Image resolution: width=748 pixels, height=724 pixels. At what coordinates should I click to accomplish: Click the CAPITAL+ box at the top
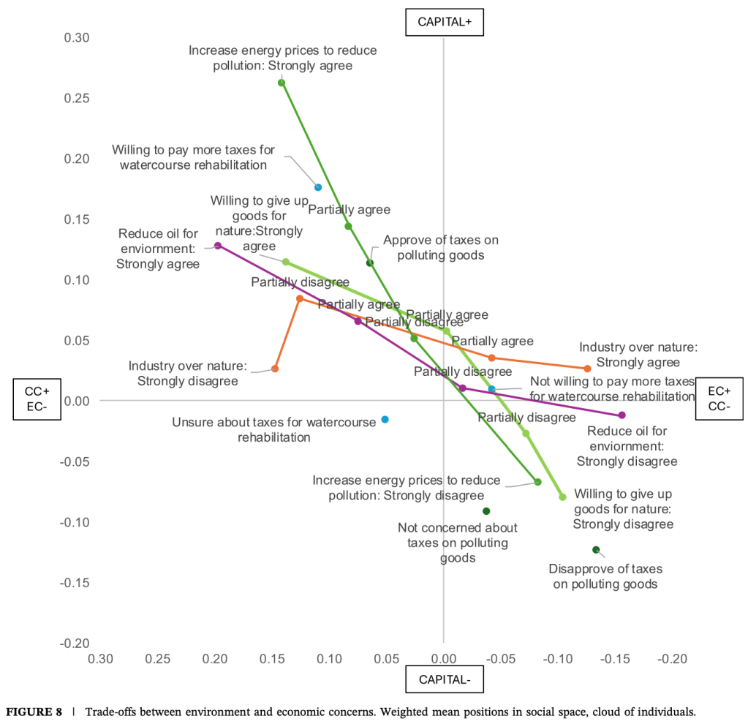coord(445,22)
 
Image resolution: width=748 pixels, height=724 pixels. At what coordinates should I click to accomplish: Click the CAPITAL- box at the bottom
coord(445,679)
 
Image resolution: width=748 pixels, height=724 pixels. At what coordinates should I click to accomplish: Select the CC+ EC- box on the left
coord(36,399)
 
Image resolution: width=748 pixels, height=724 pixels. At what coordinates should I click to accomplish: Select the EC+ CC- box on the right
coord(720,399)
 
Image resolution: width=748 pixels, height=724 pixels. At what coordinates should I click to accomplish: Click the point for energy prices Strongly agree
coord(282,83)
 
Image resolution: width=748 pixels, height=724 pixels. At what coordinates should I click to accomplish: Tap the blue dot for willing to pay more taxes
coord(318,187)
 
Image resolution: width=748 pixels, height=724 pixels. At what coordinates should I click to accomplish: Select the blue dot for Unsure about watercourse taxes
coord(385,419)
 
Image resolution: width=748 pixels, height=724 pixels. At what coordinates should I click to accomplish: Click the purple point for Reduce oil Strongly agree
coord(218,246)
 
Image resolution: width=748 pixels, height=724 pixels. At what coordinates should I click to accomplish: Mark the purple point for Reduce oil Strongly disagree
coord(622,415)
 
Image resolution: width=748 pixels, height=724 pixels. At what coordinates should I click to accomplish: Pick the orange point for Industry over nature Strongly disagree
coord(275,369)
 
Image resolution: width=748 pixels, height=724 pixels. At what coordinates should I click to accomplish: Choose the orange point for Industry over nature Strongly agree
coord(587,369)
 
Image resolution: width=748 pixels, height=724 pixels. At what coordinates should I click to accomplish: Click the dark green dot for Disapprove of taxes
coord(596,549)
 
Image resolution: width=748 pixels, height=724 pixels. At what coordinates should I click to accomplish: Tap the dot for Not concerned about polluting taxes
coord(486,511)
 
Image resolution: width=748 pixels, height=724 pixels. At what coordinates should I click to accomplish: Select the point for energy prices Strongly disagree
coord(537,482)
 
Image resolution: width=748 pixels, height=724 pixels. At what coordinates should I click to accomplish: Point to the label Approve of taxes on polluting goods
coord(434,247)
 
